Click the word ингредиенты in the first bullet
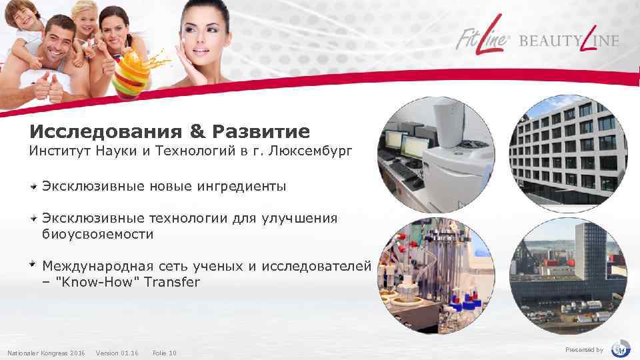point(241,187)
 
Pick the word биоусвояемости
point(98,235)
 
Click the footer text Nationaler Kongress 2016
point(46,353)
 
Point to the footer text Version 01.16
point(117,353)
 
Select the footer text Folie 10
point(165,353)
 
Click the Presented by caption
point(584,350)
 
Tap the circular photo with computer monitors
point(434,150)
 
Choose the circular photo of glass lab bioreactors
point(434,271)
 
